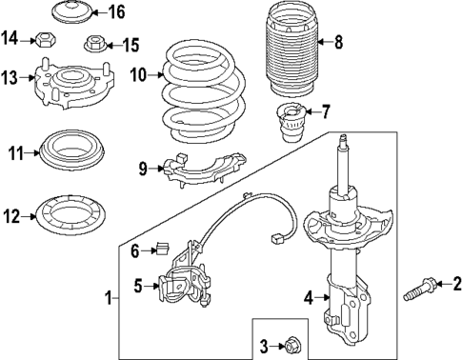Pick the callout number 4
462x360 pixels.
[308, 297]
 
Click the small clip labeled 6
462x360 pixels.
[163, 250]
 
